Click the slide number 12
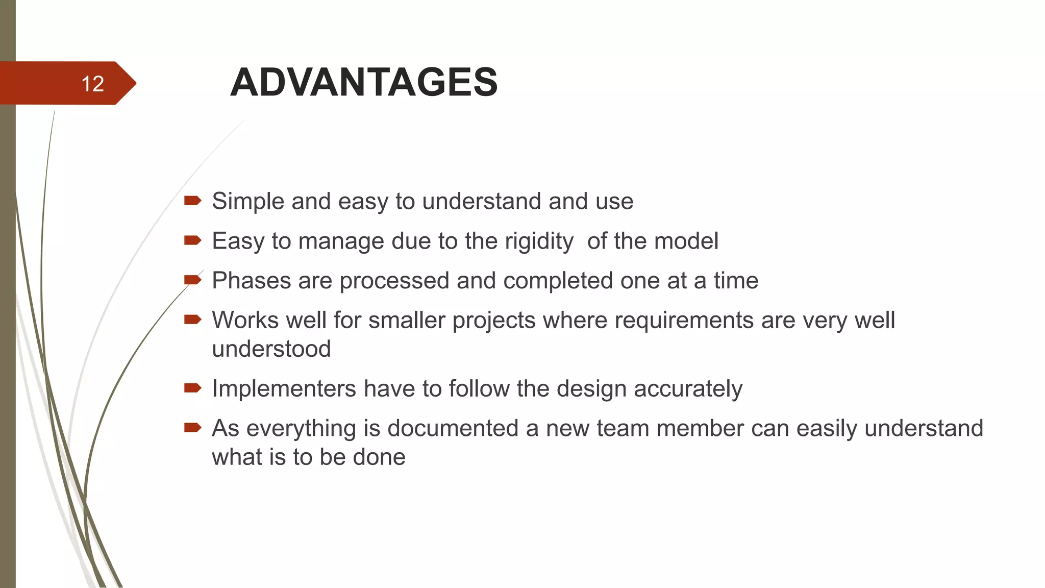(x=92, y=84)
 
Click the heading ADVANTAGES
(x=364, y=82)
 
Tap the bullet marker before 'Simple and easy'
(x=192, y=201)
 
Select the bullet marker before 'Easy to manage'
(x=192, y=240)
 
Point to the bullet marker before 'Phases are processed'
(x=192, y=280)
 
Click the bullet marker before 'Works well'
(x=192, y=320)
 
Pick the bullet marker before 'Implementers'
(x=192, y=388)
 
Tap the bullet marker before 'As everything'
(x=192, y=428)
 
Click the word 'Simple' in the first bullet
(x=248, y=201)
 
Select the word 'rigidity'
(x=539, y=241)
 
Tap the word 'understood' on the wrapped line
(x=271, y=349)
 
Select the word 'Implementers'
(x=284, y=389)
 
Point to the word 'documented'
(x=453, y=428)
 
